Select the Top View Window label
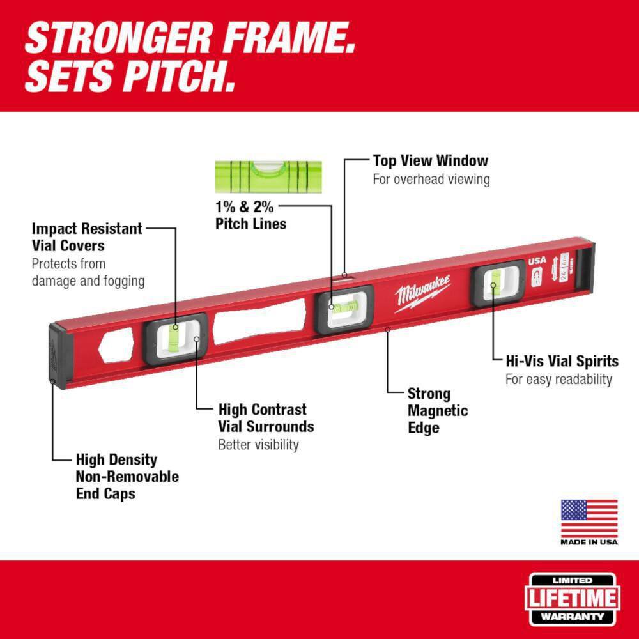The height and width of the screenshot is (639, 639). coord(431,160)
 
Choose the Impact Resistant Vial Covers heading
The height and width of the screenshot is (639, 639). coord(87,236)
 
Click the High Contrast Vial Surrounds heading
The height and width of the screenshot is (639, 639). coord(266,417)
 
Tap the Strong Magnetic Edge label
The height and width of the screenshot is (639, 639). coord(437,411)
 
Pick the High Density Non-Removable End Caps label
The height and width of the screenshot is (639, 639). coord(127,476)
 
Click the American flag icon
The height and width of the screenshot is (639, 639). coord(589,519)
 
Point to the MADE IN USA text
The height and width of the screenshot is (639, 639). coord(589,543)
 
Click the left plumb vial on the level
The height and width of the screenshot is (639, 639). coord(175,337)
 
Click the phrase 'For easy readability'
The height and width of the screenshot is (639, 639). coord(558,380)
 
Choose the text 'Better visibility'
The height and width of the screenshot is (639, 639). coord(258,445)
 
